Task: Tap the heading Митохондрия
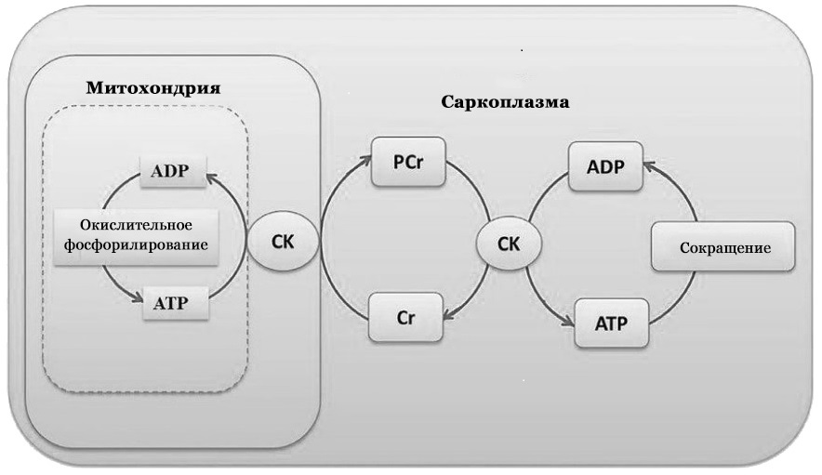tap(152, 88)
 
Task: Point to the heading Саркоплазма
tap(504, 101)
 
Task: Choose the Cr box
tap(405, 316)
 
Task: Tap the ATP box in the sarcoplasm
tap(610, 323)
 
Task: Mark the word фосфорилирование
tap(136, 246)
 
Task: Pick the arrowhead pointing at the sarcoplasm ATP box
tap(569, 321)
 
